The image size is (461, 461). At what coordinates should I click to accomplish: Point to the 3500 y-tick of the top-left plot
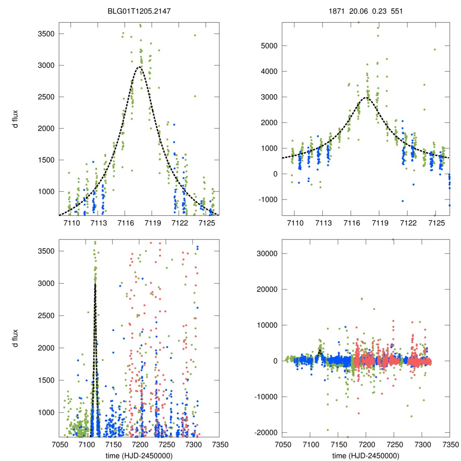pyautogui.click(x=47, y=34)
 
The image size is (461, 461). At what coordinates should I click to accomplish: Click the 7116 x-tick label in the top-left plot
pyautogui.click(x=126, y=223)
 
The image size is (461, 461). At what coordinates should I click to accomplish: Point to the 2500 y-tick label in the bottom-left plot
pyautogui.click(x=47, y=316)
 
